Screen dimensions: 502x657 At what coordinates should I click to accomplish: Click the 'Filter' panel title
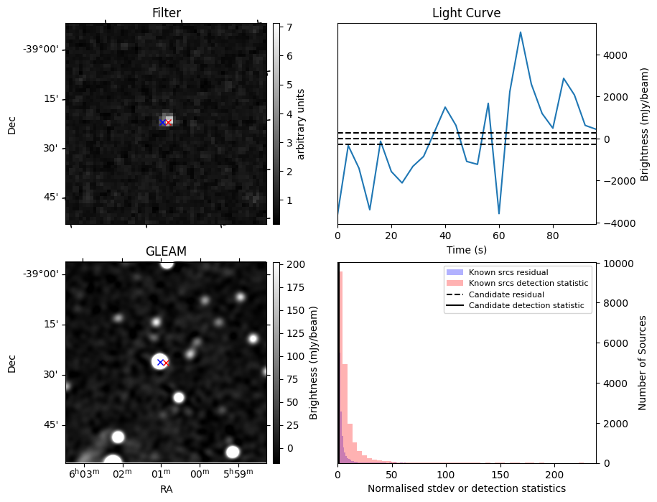166,13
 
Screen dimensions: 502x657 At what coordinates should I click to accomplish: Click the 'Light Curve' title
466,13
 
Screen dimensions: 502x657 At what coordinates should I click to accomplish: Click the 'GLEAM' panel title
166,251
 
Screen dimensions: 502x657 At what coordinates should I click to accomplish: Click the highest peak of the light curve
521,32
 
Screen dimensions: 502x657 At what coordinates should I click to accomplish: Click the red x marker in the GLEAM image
167,363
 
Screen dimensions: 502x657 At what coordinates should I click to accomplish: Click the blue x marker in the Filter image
162,122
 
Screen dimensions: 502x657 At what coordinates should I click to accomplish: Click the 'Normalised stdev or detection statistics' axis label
466,488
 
